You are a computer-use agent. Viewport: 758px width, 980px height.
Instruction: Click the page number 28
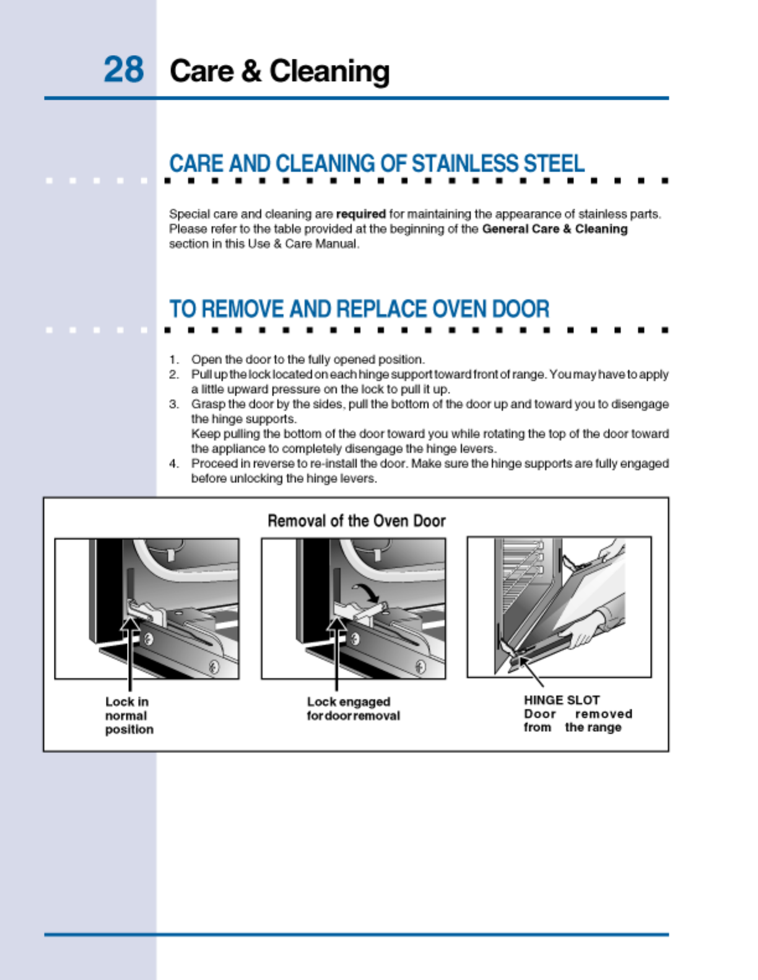(x=123, y=69)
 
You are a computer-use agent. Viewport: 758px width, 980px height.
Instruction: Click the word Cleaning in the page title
(x=329, y=72)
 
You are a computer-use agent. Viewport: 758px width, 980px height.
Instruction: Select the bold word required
(x=360, y=214)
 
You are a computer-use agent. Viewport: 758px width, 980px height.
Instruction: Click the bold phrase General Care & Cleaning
(x=554, y=229)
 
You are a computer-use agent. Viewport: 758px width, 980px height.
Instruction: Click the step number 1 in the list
(x=174, y=359)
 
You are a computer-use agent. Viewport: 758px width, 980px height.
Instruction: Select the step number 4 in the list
(x=174, y=463)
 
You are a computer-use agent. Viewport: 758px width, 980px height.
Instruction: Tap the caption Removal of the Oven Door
(x=356, y=521)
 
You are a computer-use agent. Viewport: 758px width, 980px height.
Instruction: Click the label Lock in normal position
(x=129, y=715)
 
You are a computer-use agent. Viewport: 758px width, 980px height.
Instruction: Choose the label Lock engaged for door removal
(x=353, y=708)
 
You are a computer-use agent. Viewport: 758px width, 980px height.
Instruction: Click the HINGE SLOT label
(x=561, y=700)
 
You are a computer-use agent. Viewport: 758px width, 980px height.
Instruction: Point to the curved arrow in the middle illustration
(x=365, y=593)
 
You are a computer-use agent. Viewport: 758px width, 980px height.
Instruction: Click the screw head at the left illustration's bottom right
(x=214, y=667)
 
